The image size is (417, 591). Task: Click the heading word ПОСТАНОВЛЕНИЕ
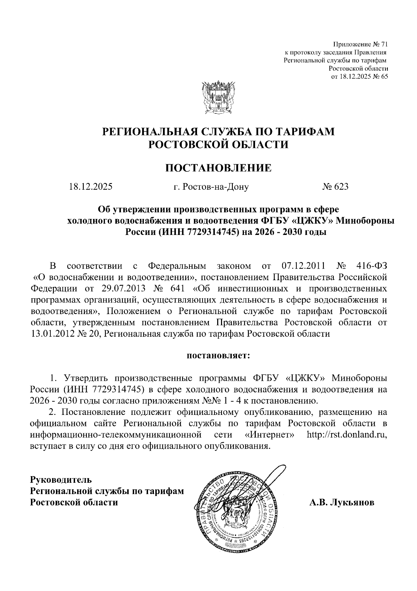pyautogui.click(x=218, y=168)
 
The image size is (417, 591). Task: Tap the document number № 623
pyautogui.click(x=335, y=187)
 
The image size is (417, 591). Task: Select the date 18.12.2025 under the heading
pyautogui.click(x=90, y=187)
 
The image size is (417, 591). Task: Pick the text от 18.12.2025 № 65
pyautogui.click(x=359, y=77)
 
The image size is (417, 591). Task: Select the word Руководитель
pyautogui.click(x=61, y=480)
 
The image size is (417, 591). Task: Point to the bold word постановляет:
pyautogui.click(x=219, y=356)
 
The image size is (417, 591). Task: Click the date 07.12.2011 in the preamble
pyautogui.click(x=302, y=266)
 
